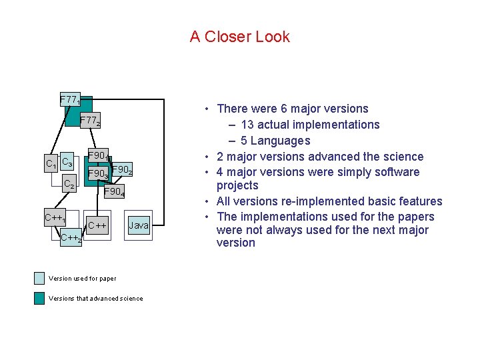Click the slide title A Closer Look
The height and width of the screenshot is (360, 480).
[x=239, y=37]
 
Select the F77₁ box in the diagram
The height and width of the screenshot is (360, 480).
[x=70, y=101]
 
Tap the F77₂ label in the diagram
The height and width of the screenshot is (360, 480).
[x=90, y=121]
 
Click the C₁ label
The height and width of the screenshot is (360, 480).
[x=50, y=164]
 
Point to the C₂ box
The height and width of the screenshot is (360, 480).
[x=69, y=185]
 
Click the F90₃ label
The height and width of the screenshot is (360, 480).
[x=99, y=175]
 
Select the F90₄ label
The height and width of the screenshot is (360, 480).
[x=113, y=192]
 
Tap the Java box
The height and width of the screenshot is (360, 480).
[x=139, y=225]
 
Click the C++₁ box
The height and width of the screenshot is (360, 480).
[x=55, y=219]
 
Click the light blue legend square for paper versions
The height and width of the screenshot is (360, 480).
[x=39, y=279]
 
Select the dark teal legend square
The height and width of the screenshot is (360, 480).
[x=39, y=298]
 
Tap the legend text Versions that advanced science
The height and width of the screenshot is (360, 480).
[x=95, y=299]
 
